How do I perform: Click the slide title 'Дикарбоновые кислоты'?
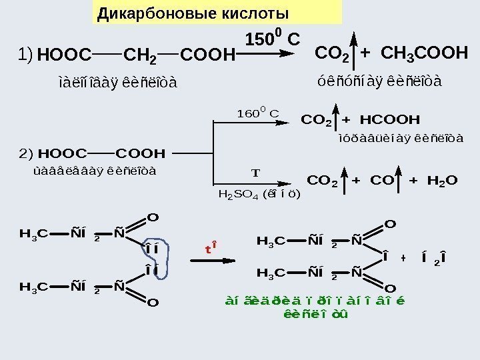193,13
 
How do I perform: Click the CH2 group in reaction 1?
141,55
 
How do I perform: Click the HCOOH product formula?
390,120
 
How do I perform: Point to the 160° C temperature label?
257,112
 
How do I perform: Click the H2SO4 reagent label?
259,195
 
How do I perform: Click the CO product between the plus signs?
377,180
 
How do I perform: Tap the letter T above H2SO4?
254,173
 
